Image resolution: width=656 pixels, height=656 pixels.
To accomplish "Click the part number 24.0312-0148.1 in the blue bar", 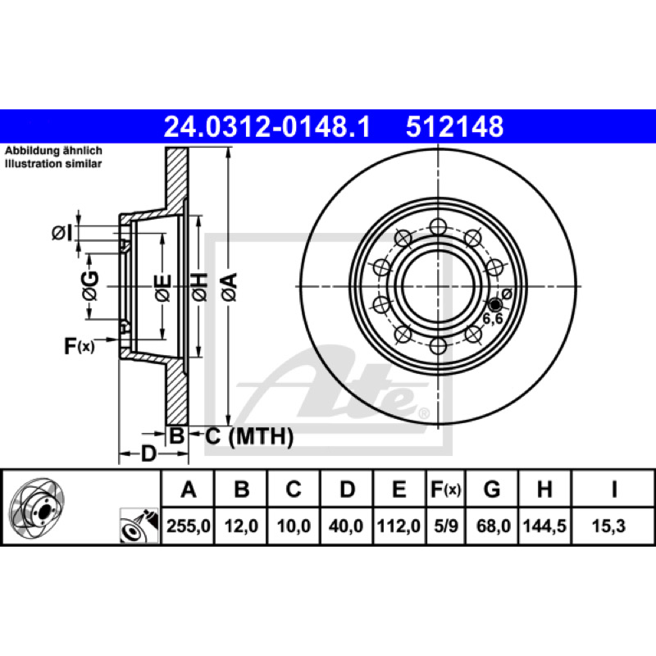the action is tap(267, 127).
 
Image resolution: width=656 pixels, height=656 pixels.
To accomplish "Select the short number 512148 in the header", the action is tap(455, 127).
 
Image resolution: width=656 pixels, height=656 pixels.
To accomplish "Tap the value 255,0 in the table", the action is tap(189, 526).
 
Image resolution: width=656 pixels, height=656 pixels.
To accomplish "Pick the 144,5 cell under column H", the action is tap(544, 526).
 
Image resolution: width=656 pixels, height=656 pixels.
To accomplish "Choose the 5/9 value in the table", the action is tap(446, 526).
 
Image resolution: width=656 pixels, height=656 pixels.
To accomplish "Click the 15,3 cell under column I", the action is tap(608, 526).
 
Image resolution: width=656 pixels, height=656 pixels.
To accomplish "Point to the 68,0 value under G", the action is tap(494, 526).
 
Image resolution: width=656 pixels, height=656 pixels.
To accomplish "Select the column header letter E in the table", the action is tap(399, 489).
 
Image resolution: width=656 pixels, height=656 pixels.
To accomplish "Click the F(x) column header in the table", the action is tap(446, 489).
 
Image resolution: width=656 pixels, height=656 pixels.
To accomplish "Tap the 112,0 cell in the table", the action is tap(399, 526).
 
